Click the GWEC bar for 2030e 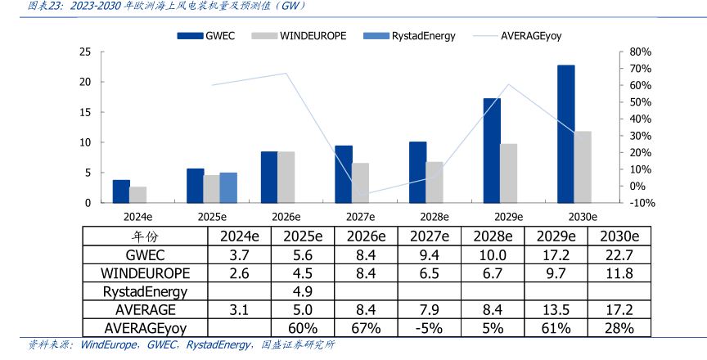coord(565,133)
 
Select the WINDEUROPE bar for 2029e coord(508,173)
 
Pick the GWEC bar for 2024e coord(121,191)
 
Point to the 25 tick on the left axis coord(84,52)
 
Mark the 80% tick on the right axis coord(617,52)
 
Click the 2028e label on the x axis coord(435,217)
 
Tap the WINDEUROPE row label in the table coord(146,272)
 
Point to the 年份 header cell coord(146,236)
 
